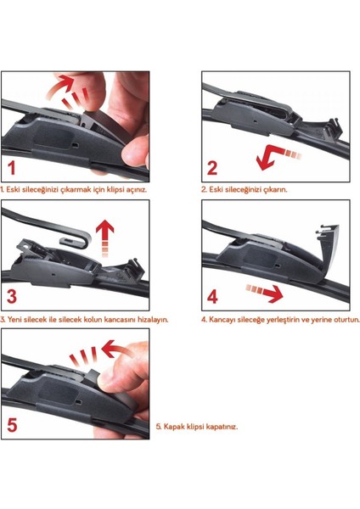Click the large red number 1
click(12, 168)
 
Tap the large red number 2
click(212, 168)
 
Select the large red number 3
click(12, 297)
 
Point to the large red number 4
click(212, 297)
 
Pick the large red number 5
click(12, 425)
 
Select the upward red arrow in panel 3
click(105, 238)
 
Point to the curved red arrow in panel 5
click(118, 349)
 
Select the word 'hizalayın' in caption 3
click(153, 320)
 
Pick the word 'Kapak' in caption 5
click(172, 426)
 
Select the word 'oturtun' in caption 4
click(347, 320)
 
